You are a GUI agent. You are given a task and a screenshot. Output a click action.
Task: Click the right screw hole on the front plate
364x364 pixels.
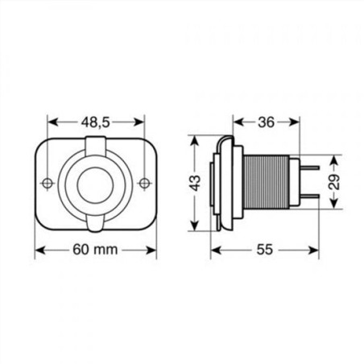[143, 183]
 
